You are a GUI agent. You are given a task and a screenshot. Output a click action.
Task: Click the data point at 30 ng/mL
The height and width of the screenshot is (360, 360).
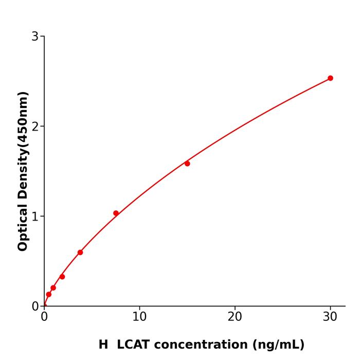[330, 78]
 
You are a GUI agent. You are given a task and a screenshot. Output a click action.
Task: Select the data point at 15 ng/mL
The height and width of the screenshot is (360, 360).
[187, 164]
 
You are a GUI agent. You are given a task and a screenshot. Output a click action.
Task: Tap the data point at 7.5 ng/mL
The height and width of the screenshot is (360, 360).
[116, 213]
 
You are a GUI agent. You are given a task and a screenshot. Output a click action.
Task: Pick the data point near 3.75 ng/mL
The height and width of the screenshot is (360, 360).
[80, 253]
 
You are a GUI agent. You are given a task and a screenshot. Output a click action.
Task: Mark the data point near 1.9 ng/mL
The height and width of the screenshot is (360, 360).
[62, 277]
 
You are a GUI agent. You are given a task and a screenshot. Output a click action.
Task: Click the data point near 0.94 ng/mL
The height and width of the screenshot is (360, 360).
[53, 288]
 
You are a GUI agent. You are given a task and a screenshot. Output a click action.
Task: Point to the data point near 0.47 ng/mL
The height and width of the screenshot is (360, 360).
[49, 295]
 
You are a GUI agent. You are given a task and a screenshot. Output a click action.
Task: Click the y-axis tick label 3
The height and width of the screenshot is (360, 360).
[35, 37]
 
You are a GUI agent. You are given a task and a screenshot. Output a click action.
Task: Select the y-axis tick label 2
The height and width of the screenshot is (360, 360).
[35, 127]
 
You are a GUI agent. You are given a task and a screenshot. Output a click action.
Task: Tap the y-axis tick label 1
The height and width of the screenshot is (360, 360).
[35, 217]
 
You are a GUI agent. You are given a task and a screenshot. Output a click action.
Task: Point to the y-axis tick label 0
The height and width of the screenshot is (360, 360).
[35, 307]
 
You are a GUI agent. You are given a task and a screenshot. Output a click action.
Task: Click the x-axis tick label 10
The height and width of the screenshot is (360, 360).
[139, 317]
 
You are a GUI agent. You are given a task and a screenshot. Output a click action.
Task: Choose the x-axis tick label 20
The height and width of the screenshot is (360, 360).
[235, 317]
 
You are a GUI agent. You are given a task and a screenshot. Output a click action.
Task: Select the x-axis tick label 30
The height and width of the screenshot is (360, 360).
[330, 317]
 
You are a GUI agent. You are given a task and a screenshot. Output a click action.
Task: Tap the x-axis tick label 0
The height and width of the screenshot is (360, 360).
[44, 317]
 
